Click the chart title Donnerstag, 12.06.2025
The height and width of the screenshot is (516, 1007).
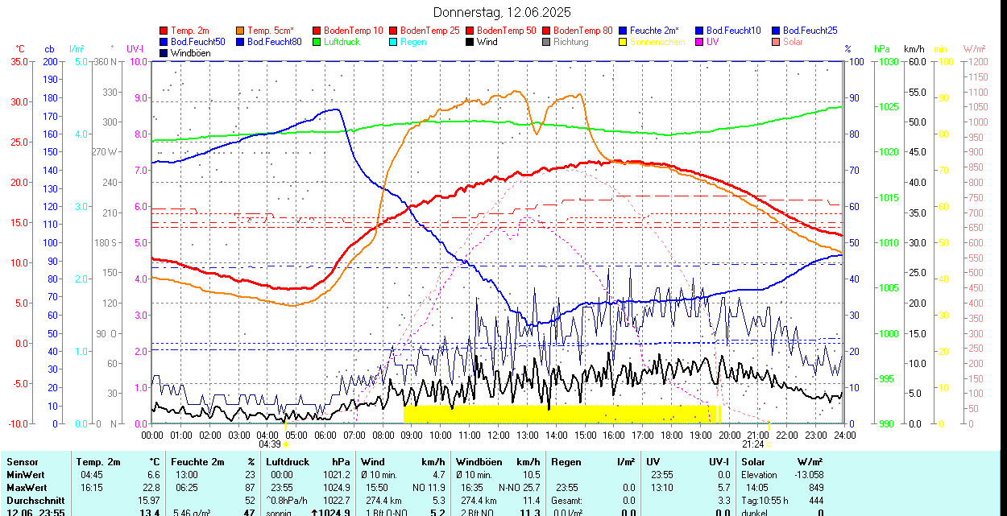point(502,12)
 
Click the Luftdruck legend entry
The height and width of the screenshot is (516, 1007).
point(341,42)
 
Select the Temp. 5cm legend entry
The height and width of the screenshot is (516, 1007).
point(270,31)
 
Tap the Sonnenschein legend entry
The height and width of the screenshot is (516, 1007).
point(657,42)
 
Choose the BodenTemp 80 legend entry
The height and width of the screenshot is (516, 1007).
point(583,31)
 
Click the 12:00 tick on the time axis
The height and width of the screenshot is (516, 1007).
point(499,435)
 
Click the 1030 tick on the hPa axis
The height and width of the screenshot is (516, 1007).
point(888,61)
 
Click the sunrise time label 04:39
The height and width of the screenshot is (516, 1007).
point(270,444)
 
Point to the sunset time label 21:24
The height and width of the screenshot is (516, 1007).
point(753,444)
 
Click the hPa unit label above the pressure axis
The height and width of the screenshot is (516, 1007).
point(881,49)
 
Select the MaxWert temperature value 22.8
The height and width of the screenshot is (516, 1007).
point(151,487)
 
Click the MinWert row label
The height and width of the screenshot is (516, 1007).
point(27,475)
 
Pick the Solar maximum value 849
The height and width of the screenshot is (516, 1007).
point(815,487)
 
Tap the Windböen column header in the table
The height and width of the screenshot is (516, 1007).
point(479,462)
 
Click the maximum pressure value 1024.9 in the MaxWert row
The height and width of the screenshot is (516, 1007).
point(336,487)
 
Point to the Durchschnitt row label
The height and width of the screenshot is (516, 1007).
point(35,500)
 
